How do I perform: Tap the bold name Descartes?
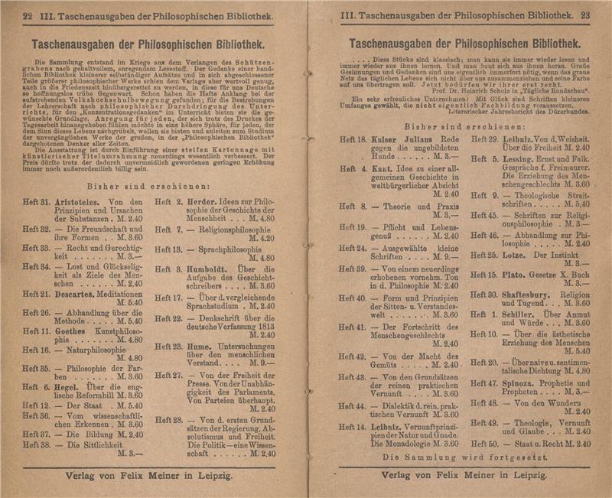76,293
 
